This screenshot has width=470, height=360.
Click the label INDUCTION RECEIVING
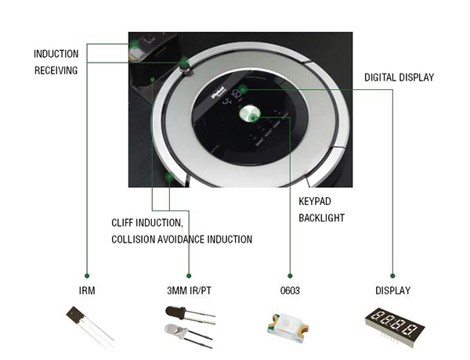[56, 62]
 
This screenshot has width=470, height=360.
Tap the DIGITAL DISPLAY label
[399, 77]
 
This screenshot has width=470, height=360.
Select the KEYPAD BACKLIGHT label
[321, 209]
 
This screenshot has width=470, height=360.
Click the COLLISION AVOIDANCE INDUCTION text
[182, 239]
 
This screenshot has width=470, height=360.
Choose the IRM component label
[86, 291]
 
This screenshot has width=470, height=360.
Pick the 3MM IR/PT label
[189, 291]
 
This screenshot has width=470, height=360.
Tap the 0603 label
[290, 291]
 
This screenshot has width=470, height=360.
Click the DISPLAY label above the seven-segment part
[392, 291]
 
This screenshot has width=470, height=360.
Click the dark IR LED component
[185, 313]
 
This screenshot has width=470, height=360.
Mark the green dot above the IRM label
[86, 275]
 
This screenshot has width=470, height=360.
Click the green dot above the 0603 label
[290, 275]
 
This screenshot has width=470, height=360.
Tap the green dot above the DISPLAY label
[392, 275]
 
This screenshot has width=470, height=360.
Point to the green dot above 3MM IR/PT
[189, 275]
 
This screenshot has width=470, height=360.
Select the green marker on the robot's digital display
[244, 90]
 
